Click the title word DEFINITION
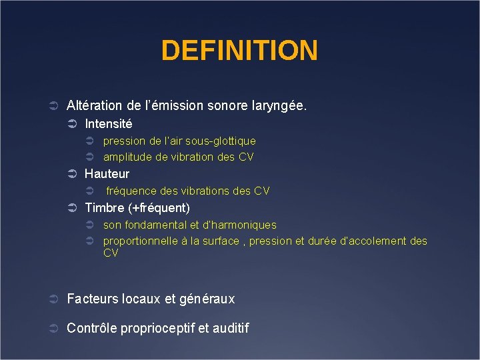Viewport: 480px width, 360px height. [x=239, y=51]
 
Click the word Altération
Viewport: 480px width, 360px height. [x=94, y=105]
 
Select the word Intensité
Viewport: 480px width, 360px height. [x=108, y=124]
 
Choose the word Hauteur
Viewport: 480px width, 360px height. [x=107, y=174]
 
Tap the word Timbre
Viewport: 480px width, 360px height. [x=103, y=207]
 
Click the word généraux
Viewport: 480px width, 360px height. [x=207, y=299]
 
